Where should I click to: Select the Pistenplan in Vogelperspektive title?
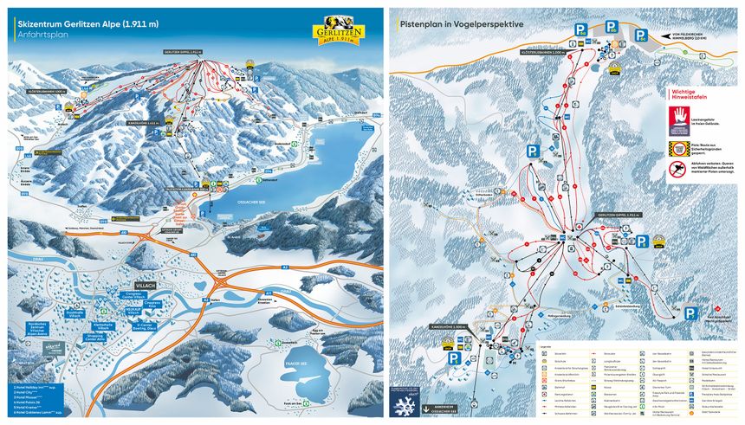pyautogui.click(x=461, y=24)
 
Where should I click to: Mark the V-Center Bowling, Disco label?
pyautogui.click(x=158, y=328)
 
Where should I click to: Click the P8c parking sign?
pyautogui.click(x=640, y=35)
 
